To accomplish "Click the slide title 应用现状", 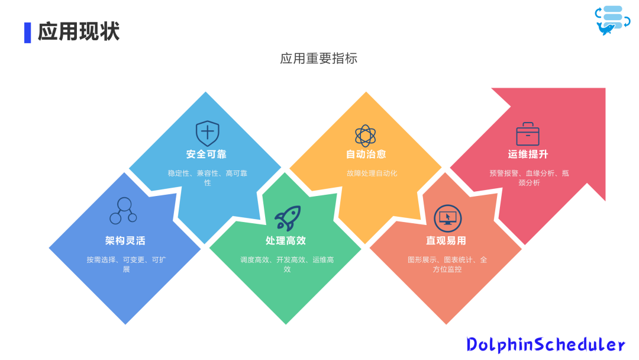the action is click(x=79, y=31).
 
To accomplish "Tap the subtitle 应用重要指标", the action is click(x=319, y=59).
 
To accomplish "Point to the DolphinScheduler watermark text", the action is click(x=546, y=344).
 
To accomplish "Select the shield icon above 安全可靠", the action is click(x=207, y=133).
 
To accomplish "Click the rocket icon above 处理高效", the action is click(x=288, y=218).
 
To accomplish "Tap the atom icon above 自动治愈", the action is click(x=365, y=135).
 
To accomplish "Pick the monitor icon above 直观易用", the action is click(x=447, y=218).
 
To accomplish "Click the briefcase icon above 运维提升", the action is click(x=528, y=134).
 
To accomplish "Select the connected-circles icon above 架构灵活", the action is click(x=124, y=211).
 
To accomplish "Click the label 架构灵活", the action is click(x=125, y=240).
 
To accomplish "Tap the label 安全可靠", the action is click(x=206, y=155).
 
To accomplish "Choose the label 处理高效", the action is click(x=286, y=240).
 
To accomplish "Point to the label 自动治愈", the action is click(x=366, y=155).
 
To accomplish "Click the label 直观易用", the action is click(x=446, y=240).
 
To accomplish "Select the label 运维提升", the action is click(x=528, y=155).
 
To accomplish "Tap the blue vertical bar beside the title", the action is click(x=27, y=32).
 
